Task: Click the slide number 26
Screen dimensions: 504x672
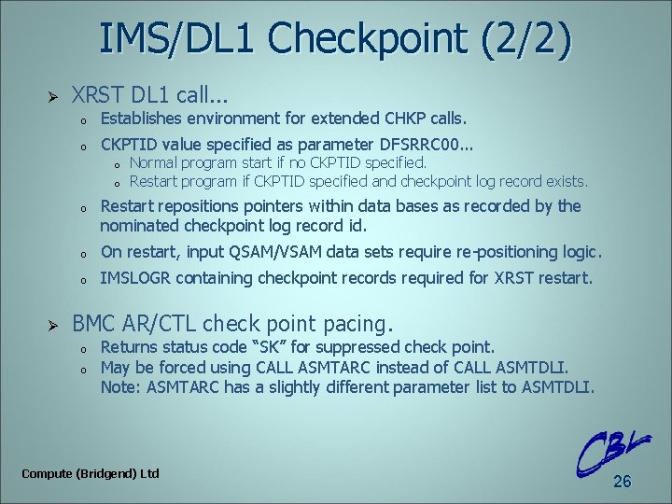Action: point(622,482)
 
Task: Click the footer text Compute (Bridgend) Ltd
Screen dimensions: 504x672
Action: point(91,473)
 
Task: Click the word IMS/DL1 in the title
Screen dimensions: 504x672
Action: point(178,40)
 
